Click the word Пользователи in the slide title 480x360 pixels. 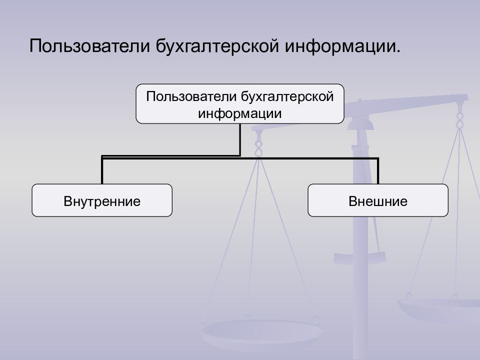89,46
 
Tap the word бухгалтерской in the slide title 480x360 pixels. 217,46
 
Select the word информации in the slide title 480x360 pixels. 340,46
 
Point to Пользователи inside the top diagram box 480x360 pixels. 191,96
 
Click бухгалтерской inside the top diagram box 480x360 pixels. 287,97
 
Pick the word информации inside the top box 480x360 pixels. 239,114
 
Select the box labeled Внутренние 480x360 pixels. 102,200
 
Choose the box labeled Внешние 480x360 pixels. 378,200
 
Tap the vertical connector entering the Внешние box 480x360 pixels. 378,171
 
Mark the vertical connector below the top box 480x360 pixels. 240,139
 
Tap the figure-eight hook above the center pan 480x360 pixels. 258,149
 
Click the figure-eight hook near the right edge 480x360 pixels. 459,120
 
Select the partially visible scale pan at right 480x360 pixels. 438,309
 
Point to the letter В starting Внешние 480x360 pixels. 352,201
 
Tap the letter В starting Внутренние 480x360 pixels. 67,201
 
